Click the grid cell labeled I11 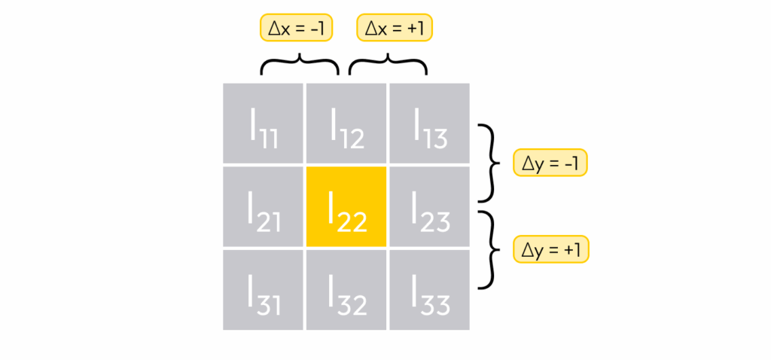pyautogui.click(x=263, y=123)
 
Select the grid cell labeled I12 pyautogui.click(x=346, y=123)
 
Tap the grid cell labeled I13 pyautogui.click(x=429, y=123)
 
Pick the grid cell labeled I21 pyautogui.click(x=263, y=206)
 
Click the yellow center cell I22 pyautogui.click(x=346, y=206)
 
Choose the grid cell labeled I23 pyautogui.click(x=429, y=206)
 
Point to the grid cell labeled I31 pyautogui.click(x=263, y=289)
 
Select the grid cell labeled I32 pyautogui.click(x=346, y=289)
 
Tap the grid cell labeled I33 pyautogui.click(x=429, y=289)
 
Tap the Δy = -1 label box pyautogui.click(x=550, y=163)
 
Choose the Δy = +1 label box pyautogui.click(x=550, y=249)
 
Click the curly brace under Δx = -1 pyautogui.click(x=300, y=63)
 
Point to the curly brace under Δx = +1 pyautogui.click(x=387, y=63)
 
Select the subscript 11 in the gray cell pyautogui.click(x=269, y=139)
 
